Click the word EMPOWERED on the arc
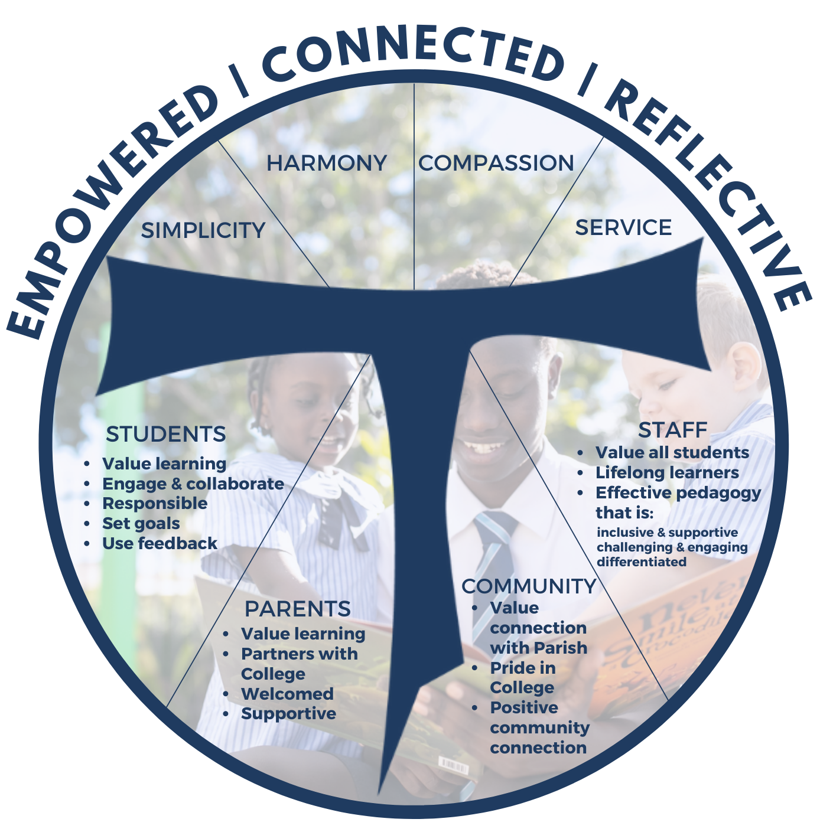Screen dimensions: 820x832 pos(108,203)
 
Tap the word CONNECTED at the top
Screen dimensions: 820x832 pos(414,54)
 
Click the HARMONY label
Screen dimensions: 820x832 pos(326,163)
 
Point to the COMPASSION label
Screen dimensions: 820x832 pos(496,163)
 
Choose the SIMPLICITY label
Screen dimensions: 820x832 pos(203,230)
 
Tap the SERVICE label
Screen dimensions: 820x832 pos(623,227)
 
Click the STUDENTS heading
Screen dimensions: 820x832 pos(166,434)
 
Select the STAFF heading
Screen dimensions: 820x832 pos(673,430)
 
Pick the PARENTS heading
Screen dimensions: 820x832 pos(298,609)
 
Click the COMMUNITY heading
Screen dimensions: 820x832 pos(529,586)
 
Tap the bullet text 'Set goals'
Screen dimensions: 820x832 pos(141,523)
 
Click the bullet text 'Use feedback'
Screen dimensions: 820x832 pos(160,543)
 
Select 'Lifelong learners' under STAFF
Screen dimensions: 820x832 pos(668,472)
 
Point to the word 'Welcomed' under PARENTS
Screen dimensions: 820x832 pos(287,694)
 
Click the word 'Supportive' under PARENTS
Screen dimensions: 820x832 pos(289,714)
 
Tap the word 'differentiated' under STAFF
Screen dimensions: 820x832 pos(642,562)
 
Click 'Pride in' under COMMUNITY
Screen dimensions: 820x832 pos(523,668)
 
